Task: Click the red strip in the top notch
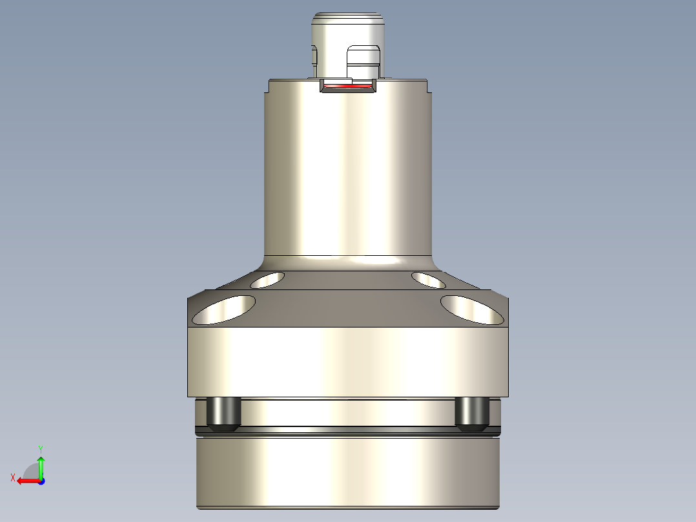(x=348, y=86)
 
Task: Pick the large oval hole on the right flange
(x=472, y=309)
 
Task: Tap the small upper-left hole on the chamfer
(x=267, y=280)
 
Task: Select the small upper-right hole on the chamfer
(x=428, y=280)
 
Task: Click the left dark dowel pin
(x=223, y=414)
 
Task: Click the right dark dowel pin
(x=471, y=414)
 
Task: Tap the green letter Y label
(x=41, y=448)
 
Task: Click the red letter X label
(x=13, y=478)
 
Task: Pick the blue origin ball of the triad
(x=41, y=481)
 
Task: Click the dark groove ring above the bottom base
(x=347, y=430)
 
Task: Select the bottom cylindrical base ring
(x=347, y=472)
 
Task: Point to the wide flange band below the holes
(x=347, y=362)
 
